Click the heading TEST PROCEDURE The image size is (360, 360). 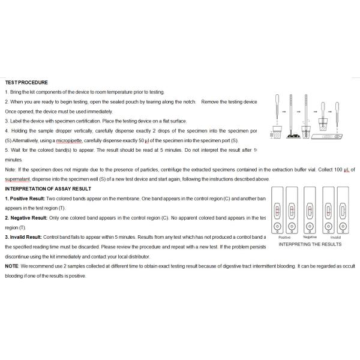point(26,82)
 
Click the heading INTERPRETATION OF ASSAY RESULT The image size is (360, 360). point(49,188)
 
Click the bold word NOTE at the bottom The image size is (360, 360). point(11,266)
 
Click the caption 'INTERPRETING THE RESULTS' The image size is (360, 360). point(311,244)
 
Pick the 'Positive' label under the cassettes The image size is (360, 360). point(284,238)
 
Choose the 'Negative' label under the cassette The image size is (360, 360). point(310,238)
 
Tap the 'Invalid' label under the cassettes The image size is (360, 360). point(335,238)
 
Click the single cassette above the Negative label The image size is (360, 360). point(310,209)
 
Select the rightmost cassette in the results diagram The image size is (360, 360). point(344,209)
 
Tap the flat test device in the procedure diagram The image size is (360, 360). point(332,137)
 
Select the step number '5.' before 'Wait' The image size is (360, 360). point(7,150)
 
